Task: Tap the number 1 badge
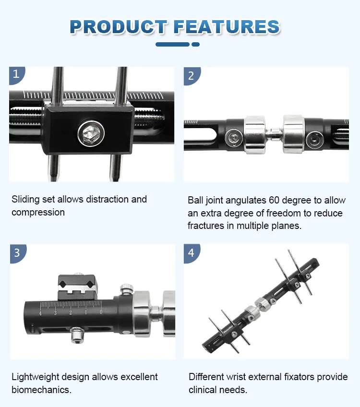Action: click(x=16, y=74)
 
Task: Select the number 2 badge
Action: click(x=191, y=75)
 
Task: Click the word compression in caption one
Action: click(x=38, y=212)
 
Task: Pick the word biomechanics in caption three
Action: click(x=41, y=390)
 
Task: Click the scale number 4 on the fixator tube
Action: click(x=40, y=313)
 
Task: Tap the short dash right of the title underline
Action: click(x=195, y=44)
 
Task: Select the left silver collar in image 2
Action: click(x=255, y=134)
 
